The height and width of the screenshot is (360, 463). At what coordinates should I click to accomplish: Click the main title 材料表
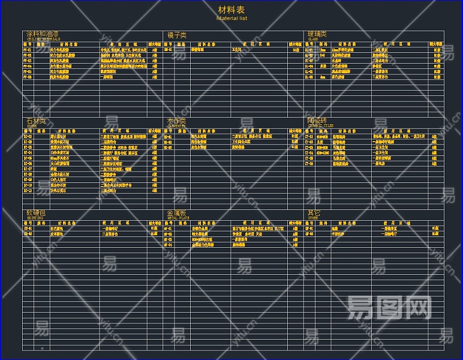[231, 10]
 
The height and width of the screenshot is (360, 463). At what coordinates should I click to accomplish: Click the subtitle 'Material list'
[231, 18]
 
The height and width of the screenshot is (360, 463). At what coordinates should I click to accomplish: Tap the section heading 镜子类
[177, 35]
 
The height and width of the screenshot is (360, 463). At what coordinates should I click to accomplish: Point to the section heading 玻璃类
[317, 34]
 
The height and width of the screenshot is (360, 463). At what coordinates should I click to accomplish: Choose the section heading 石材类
[35, 121]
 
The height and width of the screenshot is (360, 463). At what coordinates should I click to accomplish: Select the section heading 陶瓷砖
[317, 121]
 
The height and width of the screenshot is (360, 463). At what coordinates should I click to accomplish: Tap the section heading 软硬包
[35, 212]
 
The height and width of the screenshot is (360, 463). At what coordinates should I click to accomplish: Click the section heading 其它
[314, 212]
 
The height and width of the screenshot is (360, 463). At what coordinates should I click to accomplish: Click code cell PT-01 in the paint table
[28, 50]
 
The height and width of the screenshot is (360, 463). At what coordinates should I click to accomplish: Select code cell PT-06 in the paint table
[28, 77]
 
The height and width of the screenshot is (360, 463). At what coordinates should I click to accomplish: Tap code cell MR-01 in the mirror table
[169, 50]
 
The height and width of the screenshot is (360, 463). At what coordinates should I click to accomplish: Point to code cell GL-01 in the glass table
[309, 50]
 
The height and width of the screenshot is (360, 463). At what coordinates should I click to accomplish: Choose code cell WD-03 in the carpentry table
[169, 147]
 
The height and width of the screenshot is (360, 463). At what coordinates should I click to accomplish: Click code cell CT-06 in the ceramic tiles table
[309, 163]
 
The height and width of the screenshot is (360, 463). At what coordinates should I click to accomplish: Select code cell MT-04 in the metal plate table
[169, 245]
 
